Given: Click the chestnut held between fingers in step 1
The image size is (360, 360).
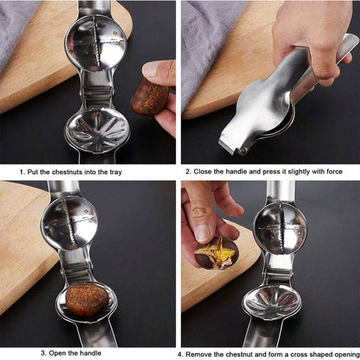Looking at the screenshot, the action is pyautogui.click(x=149, y=97).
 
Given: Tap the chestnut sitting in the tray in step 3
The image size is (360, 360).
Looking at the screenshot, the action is pyautogui.click(x=87, y=300).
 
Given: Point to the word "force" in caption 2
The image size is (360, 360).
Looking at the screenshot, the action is pyautogui.click(x=333, y=172).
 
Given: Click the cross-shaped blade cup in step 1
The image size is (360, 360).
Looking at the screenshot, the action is pyautogui.click(x=95, y=46).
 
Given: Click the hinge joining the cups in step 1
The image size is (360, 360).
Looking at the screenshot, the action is pyautogui.click(x=97, y=90).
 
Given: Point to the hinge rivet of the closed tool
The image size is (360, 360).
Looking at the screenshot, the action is pyautogui.click(x=244, y=151).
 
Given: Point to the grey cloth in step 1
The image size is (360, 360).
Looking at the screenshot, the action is pyautogui.click(x=14, y=31).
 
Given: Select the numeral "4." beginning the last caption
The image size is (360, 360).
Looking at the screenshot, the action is pyautogui.click(x=181, y=354).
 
